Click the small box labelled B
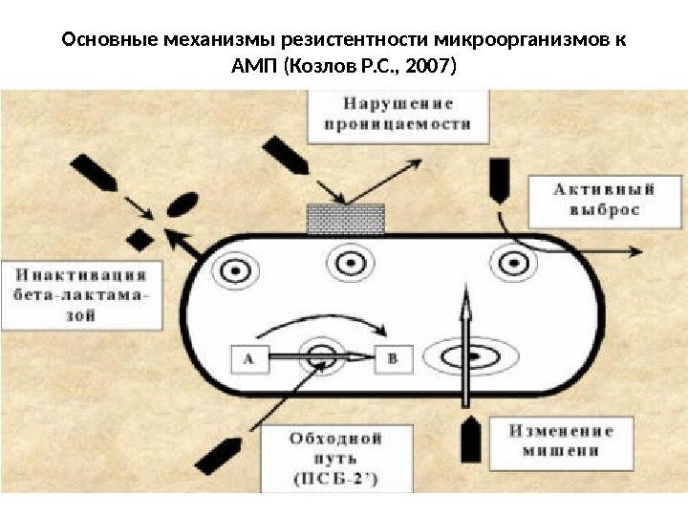[x=393, y=359]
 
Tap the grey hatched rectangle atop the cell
[x=346, y=219]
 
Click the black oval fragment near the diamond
[x=181, y=206]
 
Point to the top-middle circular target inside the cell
[x=346, y=261]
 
